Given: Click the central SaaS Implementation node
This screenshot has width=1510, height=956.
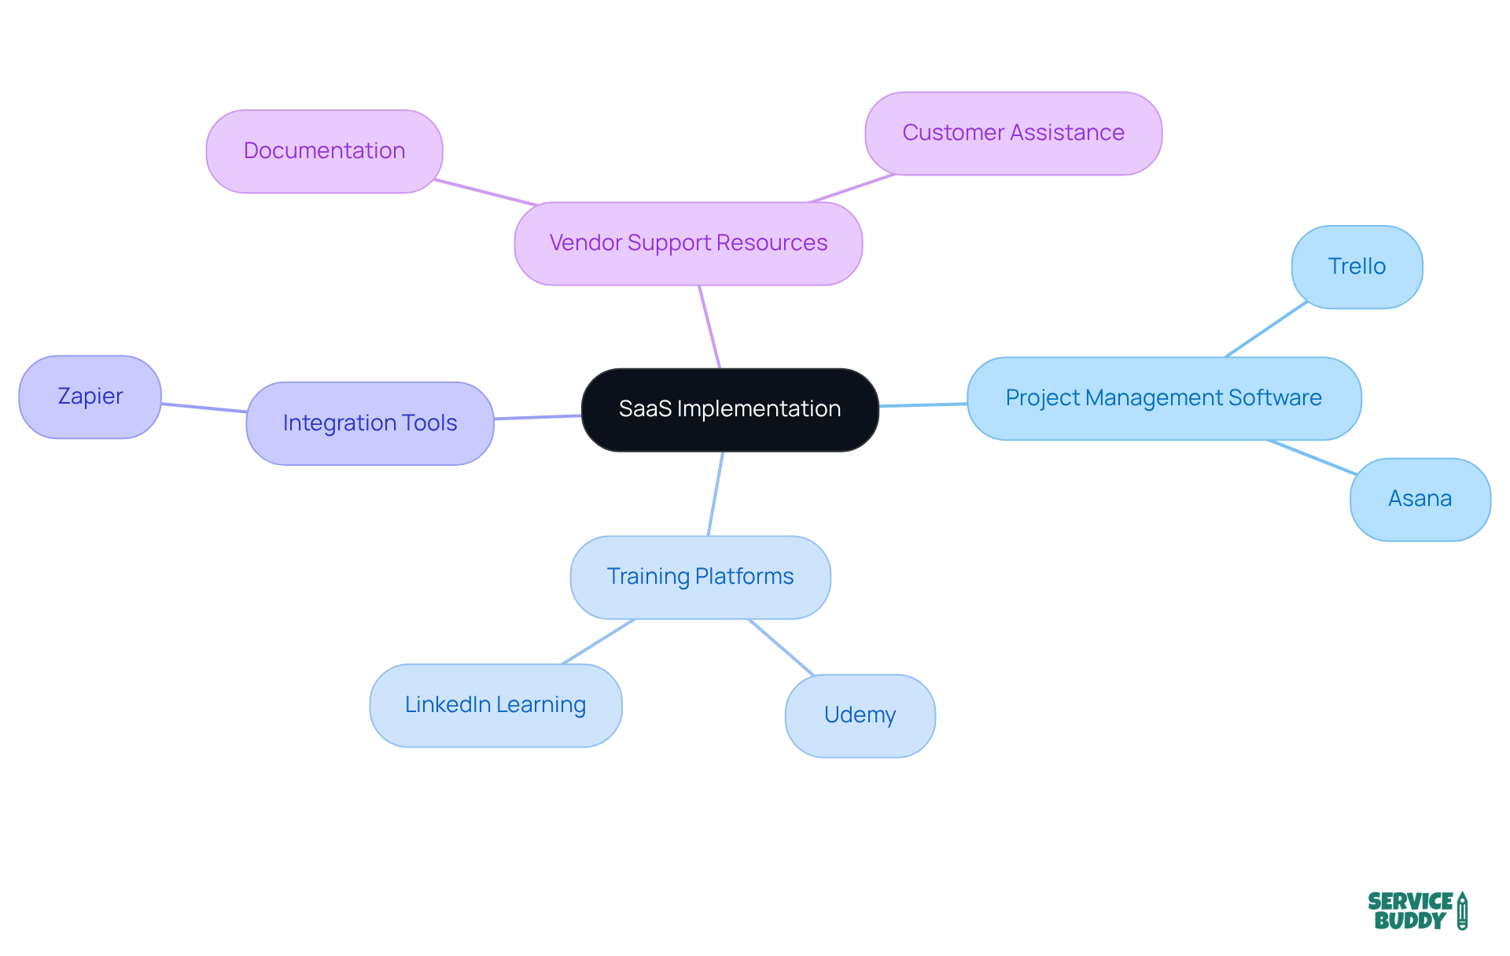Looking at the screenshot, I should [729, 409].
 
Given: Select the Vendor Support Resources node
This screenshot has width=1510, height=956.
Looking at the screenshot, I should [688, 243].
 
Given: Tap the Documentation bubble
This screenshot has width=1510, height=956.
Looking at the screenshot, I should [324, 151].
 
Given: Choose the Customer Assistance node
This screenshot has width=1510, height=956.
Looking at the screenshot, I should [1013, 133].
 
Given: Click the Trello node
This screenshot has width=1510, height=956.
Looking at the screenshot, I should [1357, 267].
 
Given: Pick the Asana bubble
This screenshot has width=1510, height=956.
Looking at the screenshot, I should [1420, 499].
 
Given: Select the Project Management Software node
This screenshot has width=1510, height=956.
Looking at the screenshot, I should [1163, 398].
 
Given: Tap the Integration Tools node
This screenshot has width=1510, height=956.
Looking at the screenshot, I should [370, 423].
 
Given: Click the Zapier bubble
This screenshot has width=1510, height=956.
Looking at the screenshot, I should [90, 397].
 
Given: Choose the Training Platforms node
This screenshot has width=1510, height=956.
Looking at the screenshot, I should [700, 577].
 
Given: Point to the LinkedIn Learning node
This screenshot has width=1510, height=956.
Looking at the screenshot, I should [495, 705].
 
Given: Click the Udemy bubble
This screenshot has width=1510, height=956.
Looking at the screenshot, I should [860, 715].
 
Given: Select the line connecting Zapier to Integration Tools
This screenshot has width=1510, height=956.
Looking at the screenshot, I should [204, 408].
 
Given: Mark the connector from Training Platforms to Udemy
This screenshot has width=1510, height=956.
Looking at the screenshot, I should [780, 647].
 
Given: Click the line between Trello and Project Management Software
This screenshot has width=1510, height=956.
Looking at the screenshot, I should [1265, 330].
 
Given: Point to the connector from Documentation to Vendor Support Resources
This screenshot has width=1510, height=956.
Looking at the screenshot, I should [485, 192].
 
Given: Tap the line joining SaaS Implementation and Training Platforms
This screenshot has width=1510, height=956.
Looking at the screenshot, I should [715, 494].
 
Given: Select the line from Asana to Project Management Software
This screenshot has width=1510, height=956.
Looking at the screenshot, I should [1312, 457].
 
